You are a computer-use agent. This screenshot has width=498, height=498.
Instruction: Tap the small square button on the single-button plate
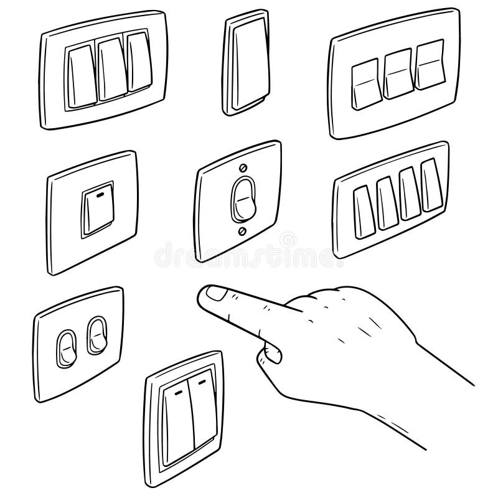(97, 209)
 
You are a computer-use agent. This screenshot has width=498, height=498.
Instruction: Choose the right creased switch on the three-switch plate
(430, 65)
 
